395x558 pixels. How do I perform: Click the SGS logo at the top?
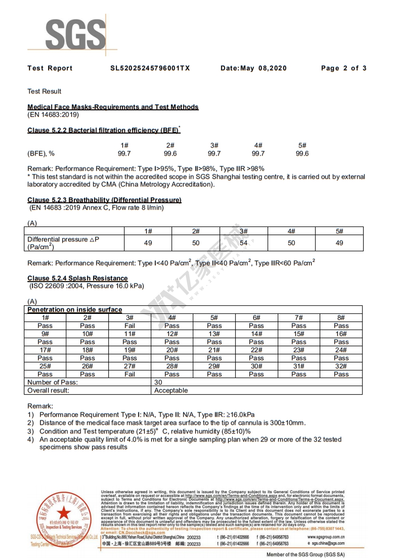pyautogui.click(x=75, y=35)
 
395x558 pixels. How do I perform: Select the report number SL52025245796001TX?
pyautogui.click(x=150, y=68)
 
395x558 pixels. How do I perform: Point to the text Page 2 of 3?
pyautogui.click(x=344, y=68)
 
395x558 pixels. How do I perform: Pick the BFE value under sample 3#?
pyautogui.click(x=214, y=154)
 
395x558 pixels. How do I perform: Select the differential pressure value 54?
pyautogui.click(x=243, y=243)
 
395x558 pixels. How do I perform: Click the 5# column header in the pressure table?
pyautogui.click(x=339, y=231)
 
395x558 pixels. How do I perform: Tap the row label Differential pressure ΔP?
pyautogui.click(x=63, y=239)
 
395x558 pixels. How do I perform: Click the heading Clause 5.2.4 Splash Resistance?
pyautogui.click(x=77, y=278)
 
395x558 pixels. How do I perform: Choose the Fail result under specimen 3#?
pyautogui.click(x=130, y=326)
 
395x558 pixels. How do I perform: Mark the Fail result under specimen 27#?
pyautogui.click(x=130, y=374)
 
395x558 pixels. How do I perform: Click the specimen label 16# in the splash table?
pyautogui.click(x=341, y=334)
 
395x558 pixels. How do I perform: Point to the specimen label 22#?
pyautogui.click(x=256, y=350)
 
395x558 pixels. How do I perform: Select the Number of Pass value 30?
pyautogui.click(x=158, y=382)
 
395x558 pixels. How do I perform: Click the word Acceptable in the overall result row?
pyautogui.click(x=171, y=391)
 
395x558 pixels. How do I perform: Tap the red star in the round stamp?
pyautogui.click(x=64, y=513)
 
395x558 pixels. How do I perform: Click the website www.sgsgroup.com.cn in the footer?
pyautogui.click(x=326, y=537)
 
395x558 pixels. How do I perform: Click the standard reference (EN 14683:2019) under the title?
pyautogui.click(x=53, y=115)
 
